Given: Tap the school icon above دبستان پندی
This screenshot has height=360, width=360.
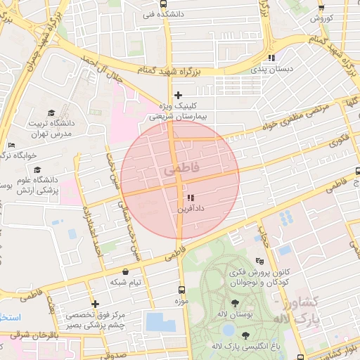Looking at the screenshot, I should pyautogui.click(x=271, y=58).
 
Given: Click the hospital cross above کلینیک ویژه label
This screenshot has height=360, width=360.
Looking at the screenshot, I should pyautogui.click(x=177, y=95).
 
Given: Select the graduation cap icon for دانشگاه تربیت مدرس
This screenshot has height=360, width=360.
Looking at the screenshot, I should pyautogui.click(x=51, y=112).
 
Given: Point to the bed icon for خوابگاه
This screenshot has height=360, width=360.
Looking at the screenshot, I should pyautogui.click(x=11, y=145).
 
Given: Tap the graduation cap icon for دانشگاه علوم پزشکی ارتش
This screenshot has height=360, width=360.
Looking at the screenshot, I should pyautogui.click(x=37, y=169).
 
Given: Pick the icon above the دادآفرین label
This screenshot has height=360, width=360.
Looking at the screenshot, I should pyautogui.click(x=190, y=198).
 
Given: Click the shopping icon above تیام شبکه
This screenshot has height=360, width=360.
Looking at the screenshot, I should pyautogui.click(x=125, y=271).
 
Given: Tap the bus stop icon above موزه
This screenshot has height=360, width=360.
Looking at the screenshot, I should pyautogui.click(x=182, y=290).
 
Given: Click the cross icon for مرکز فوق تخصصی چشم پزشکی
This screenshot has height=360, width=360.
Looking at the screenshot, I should pyautogui.click(x=95, y=304).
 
